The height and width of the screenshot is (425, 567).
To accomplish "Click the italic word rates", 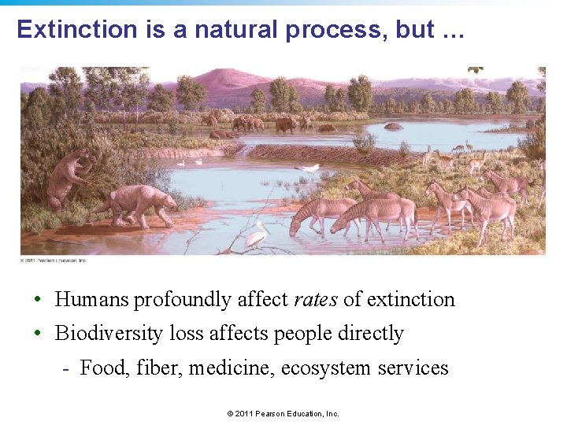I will pyautogui.click(x=316, y=300).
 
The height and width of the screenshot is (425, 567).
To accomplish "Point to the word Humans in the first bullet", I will pyautogui.click(x=91, y=300).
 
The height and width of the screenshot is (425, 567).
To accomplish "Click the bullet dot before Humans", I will pyautogui.click(x=37, y=300).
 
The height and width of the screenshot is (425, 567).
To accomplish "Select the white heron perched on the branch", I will pyautogui.click(x=256, y=234).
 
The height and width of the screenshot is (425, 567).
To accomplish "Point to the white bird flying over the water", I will pyautogui.click(x=311, y=168).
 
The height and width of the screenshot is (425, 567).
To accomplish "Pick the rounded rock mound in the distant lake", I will pyautogui.click(x=394, y=126).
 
